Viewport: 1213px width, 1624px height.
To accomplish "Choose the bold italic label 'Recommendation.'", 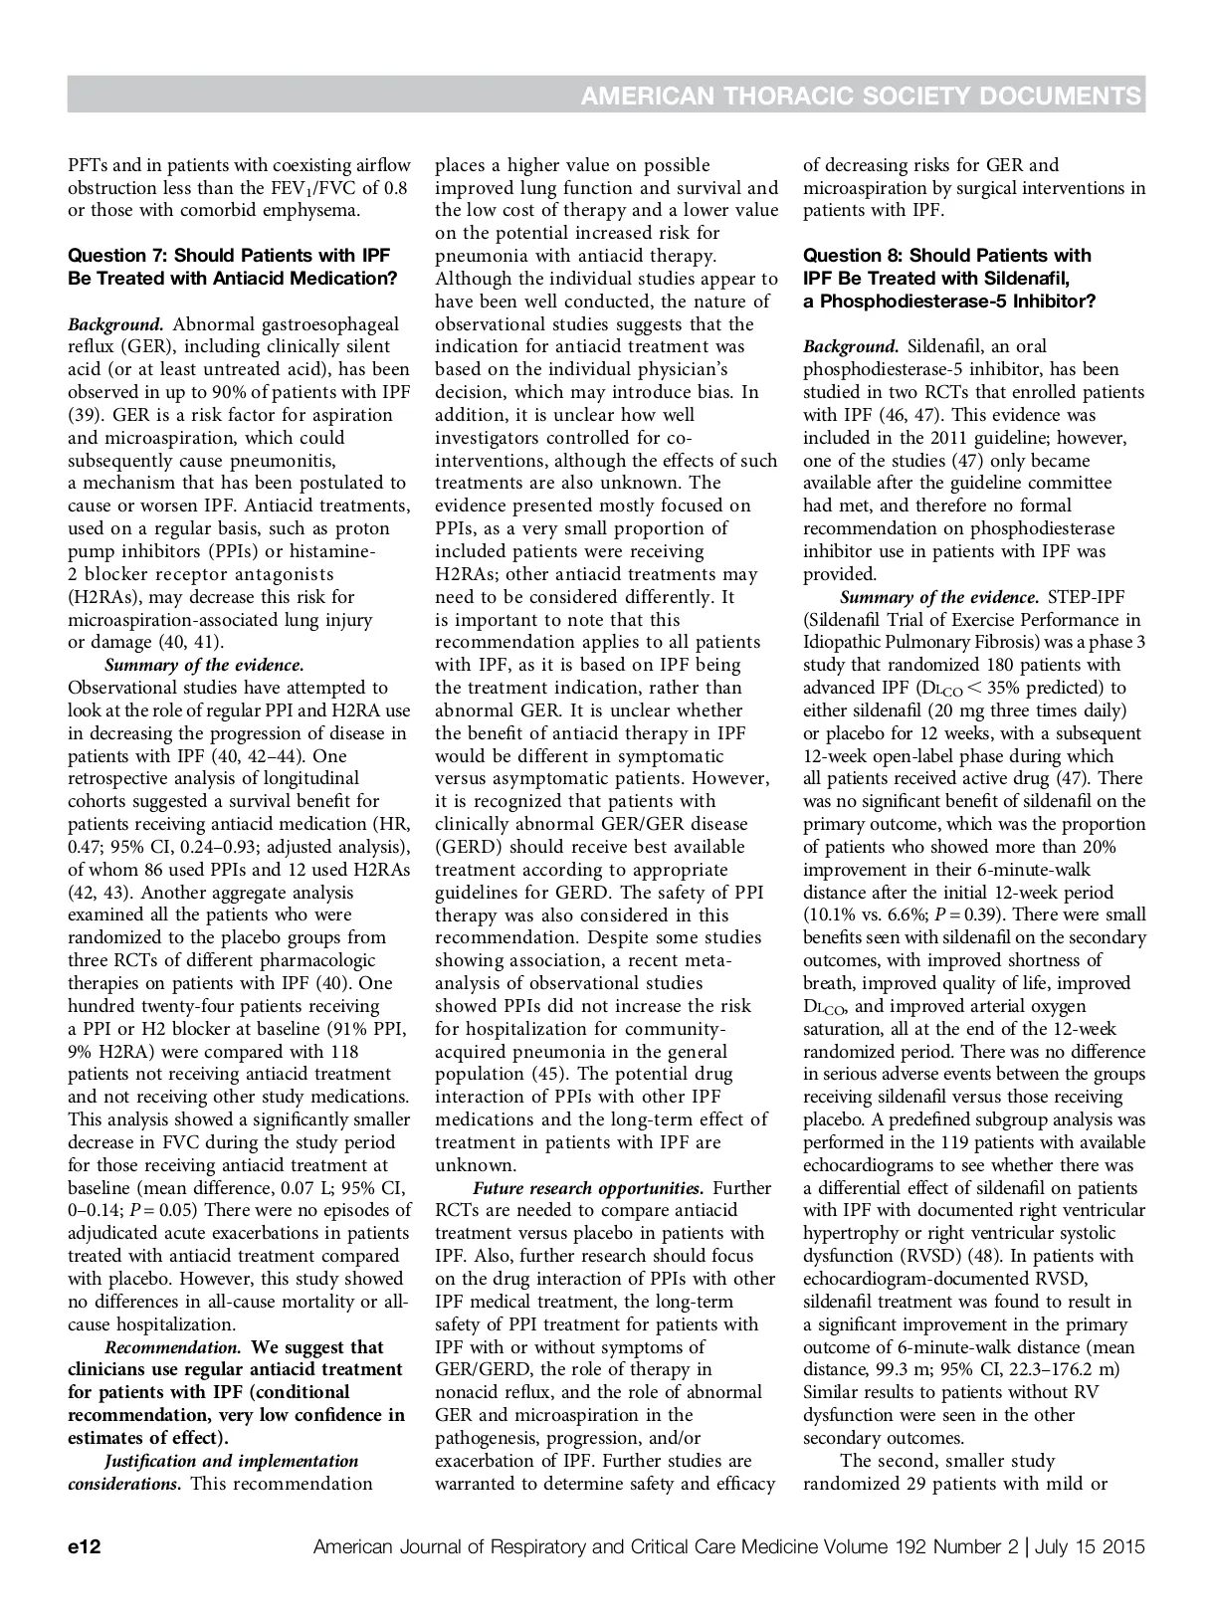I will [174, 1347].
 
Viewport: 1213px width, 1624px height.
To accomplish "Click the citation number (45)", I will [542, 1075].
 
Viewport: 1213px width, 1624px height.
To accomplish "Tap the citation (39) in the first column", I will [85, 415].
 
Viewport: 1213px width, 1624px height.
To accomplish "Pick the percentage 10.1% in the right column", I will [831, 914].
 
